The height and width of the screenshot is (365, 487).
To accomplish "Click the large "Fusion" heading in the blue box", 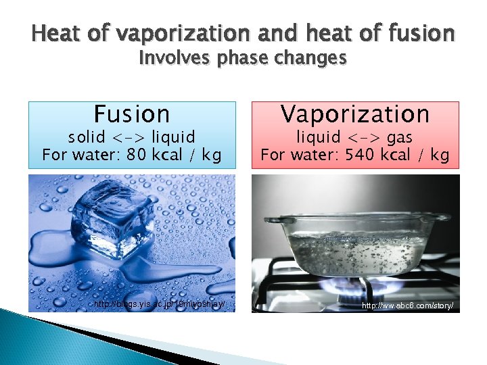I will [x=132, y=114].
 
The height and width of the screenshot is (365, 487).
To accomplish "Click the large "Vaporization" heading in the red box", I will [x=355, y=114].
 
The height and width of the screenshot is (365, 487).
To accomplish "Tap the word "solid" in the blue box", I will [x=89, y=137].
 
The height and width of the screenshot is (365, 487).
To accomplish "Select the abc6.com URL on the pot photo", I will [x=407, y=306].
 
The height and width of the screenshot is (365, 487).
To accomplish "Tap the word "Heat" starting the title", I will [x=55, y=32].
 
